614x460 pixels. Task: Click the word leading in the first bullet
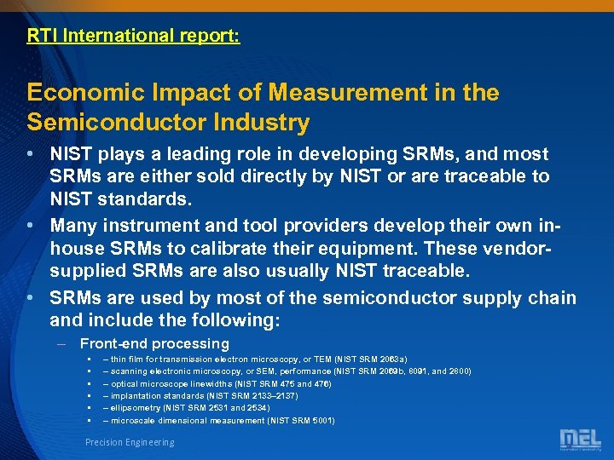coord(198,154)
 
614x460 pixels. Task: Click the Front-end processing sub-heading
coord(154,344)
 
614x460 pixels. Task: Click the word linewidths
coord(208,383)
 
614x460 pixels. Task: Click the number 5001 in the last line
coord(321,420)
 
